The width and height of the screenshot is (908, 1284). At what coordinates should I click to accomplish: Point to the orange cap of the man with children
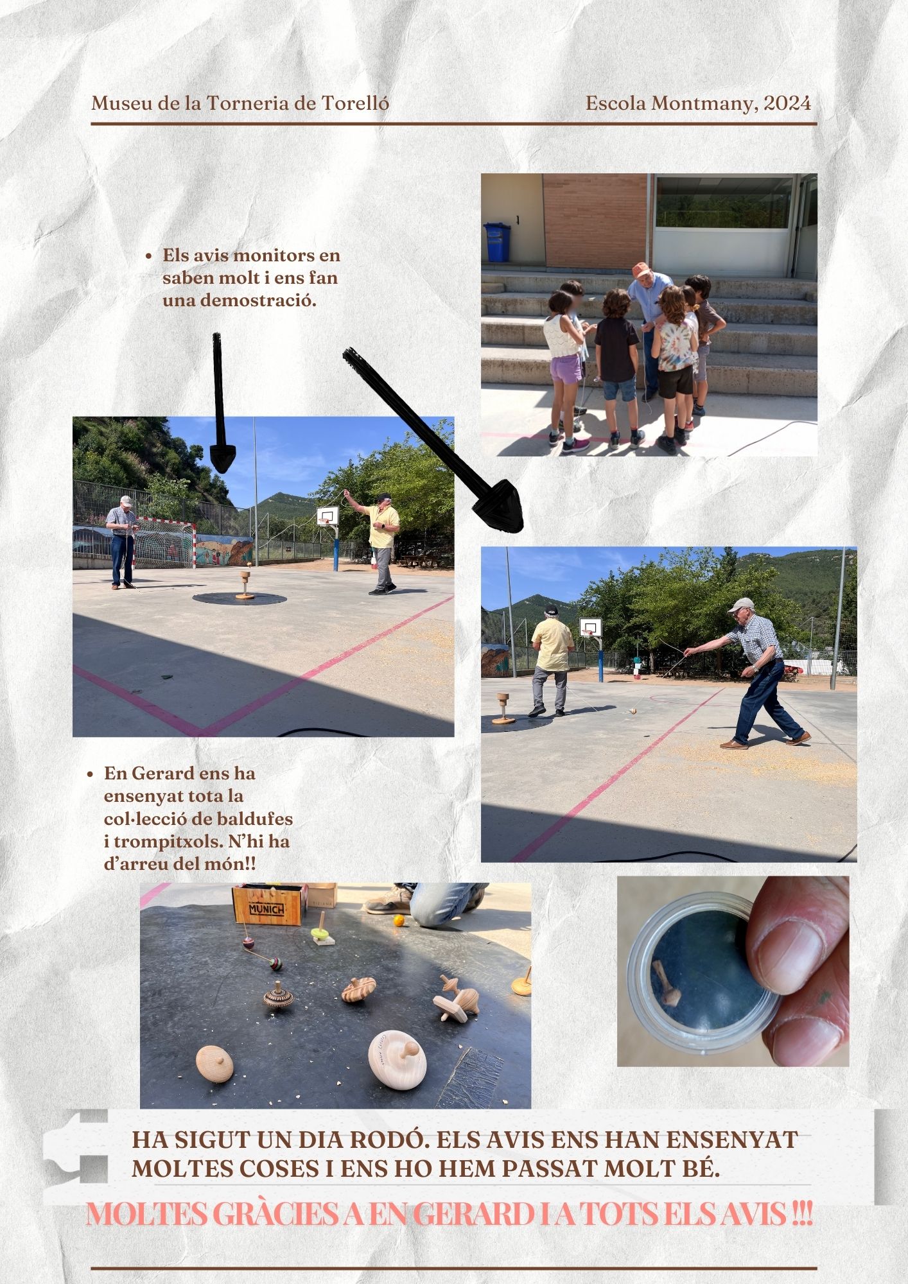pos(639,269)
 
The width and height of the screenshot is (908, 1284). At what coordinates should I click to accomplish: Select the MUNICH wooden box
pos(267,904)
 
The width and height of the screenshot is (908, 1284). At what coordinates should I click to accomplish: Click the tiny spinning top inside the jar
pos(665,982)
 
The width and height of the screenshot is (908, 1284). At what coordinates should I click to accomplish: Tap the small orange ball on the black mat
pos(399,921)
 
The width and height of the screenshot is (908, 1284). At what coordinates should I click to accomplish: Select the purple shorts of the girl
pos(565,370)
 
